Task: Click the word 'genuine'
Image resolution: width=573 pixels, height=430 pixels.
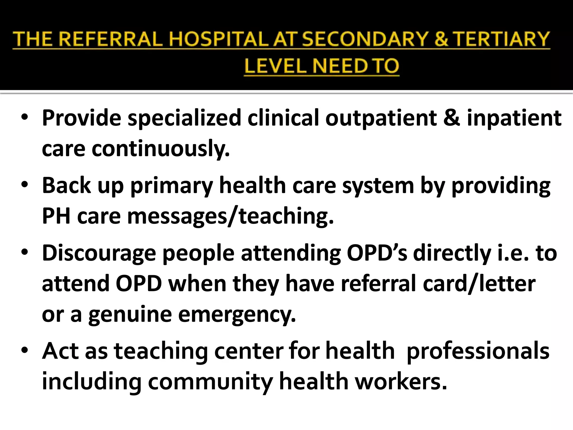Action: point(130,315)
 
